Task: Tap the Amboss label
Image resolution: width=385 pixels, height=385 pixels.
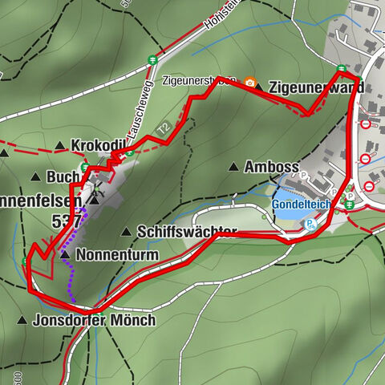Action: coord(272,167)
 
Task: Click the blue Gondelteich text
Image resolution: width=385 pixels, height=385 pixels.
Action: coord(305,203)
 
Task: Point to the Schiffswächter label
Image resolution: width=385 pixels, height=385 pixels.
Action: coord(186,231)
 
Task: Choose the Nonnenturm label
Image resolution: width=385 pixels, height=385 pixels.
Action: coord(120,255)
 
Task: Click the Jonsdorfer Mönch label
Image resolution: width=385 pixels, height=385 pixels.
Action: coord(95,319)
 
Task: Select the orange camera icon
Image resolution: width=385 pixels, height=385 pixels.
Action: coord(250,83)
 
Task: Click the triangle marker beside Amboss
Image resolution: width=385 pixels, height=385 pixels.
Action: coord(233,167)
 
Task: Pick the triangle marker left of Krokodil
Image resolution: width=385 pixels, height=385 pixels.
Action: coord(60,145)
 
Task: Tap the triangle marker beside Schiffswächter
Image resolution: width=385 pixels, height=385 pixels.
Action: coord(125,231)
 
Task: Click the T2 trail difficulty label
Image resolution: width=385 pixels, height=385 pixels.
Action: coord(164,128)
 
